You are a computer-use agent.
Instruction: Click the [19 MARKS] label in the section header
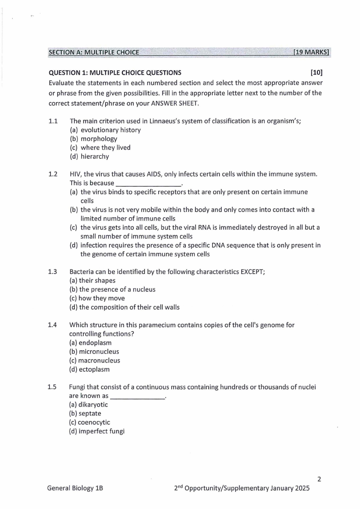(x=311, y=52)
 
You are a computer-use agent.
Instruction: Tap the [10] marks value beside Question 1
(x=316, y=73)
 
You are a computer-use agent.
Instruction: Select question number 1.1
(x=53, y=121)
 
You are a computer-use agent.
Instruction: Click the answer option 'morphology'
(x=99, y=139)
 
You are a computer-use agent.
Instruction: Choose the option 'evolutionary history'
(x=111, y=130)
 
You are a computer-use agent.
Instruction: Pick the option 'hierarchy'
(x=95, y=157)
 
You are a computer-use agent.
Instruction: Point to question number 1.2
(x=53, y=174)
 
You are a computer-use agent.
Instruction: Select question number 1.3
(x=53, y=272)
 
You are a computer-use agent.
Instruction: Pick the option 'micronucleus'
(x=99, y=352)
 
